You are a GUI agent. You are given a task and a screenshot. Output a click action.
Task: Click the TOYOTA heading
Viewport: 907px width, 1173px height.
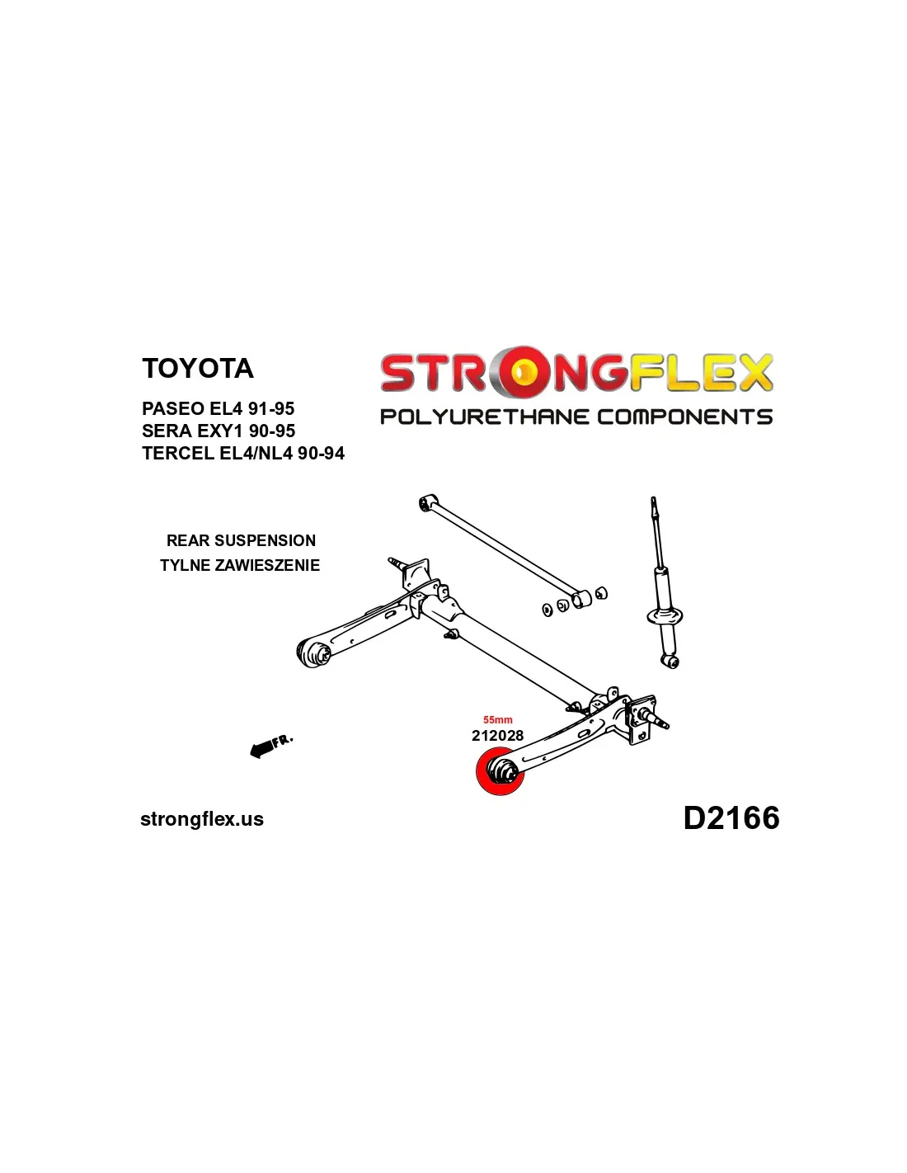click(x=197, y=368)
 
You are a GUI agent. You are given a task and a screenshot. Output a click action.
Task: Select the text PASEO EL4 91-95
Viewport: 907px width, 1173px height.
click(x=218, y=408)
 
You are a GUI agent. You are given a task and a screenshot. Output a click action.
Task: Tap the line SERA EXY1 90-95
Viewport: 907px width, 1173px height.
click(x=219, y=431)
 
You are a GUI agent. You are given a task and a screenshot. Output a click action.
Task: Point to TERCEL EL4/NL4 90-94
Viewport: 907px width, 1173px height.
click(x=243, y=453)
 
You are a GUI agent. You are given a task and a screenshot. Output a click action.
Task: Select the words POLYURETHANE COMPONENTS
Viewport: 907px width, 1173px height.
click(x=576, y=417)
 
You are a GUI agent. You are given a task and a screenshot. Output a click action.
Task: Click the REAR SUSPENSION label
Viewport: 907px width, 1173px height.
click(x=241, y=540)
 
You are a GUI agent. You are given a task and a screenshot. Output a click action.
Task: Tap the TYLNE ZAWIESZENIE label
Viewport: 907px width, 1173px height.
click(x=240, y=565)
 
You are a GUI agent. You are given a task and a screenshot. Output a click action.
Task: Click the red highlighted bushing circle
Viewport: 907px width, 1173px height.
click(x=500, y=772)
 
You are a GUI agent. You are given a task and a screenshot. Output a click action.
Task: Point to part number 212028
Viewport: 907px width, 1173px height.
click(x=497, y=735)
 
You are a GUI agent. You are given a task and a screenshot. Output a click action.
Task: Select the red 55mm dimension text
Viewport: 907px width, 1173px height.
click(x=497, y=720)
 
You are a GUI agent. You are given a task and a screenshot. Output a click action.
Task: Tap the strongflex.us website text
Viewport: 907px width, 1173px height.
click(x=202, y=819)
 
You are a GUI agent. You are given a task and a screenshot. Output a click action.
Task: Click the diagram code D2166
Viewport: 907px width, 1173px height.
click(x=731, y=818)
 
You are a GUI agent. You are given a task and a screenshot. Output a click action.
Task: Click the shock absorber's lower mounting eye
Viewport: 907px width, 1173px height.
click(x=672, y=661)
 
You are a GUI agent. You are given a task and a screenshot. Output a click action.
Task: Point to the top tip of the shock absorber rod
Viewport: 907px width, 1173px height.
click(x=653, y=500)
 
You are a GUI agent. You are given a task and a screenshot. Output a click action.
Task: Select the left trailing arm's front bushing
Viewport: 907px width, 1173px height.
click(x=313, y=652)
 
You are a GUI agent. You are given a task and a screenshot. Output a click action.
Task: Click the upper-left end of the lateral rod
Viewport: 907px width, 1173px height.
click(x=428, y=502)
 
